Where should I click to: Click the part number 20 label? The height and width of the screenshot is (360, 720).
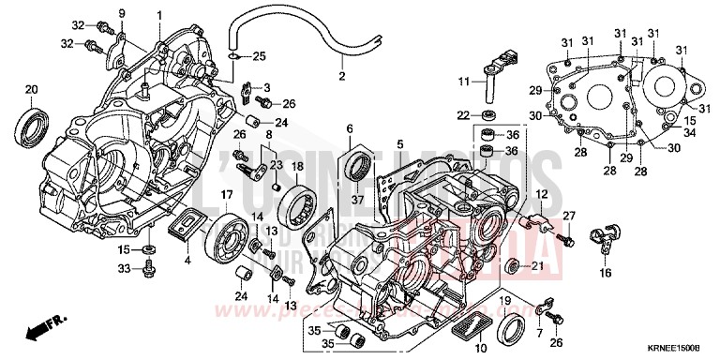coord(31,90)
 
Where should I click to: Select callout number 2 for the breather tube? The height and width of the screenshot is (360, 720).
coord(342,76)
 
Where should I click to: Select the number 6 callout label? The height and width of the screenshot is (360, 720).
coord(349,128)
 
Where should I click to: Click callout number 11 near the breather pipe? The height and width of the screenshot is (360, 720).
coord(463,82)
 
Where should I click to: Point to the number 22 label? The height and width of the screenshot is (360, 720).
coord(463,114)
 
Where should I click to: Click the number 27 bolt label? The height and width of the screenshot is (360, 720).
coord(568,217)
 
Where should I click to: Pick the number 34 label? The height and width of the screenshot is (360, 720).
coord(689,134)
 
